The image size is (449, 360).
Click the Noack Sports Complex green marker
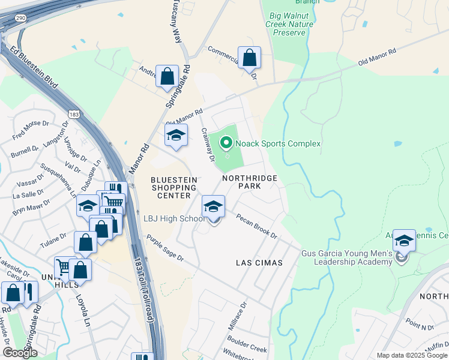(x=226, y=143)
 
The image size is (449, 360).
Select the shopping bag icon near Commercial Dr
(x=250, y=59)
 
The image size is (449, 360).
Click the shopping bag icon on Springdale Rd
(x=167, y=77)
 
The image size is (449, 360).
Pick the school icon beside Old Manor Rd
(x=176, y=136)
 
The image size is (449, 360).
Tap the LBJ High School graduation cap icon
(x=213, y=208)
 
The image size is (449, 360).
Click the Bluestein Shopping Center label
(x=171, y=187)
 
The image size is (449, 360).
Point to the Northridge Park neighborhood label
(x=250, y=182)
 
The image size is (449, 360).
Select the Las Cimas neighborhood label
(x=259, y=263)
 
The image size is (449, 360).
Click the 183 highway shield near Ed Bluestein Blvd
(x=74, y=114)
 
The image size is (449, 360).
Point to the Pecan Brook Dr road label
(x=256, y=226)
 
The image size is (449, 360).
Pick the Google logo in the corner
(x=20, y=353)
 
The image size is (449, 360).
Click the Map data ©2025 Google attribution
(x=411, y=355)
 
